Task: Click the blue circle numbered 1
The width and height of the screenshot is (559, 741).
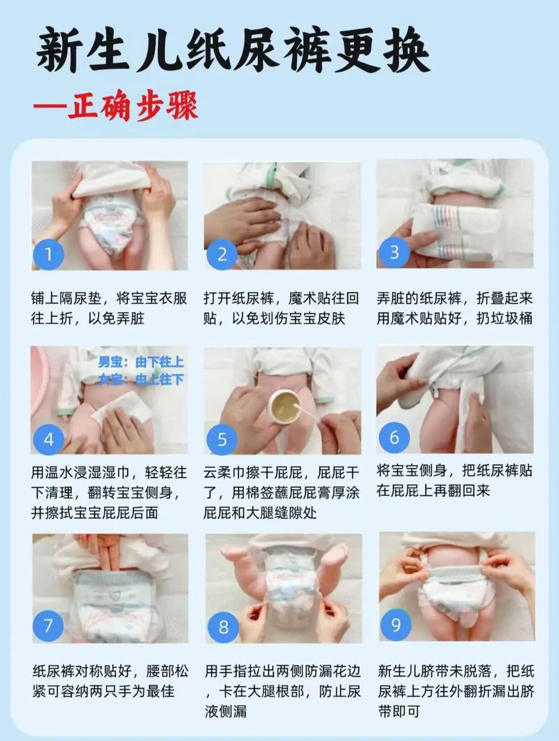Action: [x=48, y=254]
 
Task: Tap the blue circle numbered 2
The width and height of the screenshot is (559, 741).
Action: [x=222, y=254]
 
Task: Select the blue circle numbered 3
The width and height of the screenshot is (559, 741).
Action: [x=394, y=252]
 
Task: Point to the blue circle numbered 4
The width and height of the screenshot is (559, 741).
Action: [x=48, y=439]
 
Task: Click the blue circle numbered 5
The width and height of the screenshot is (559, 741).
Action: [x=222, y=439]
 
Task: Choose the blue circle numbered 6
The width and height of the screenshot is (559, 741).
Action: [x=394, y=437]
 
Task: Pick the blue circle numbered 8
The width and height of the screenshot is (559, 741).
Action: [x=223, y=627]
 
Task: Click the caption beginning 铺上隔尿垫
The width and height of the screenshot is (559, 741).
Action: [x=109, y=308]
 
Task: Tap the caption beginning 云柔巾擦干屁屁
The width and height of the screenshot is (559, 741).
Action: [x=282, y=492]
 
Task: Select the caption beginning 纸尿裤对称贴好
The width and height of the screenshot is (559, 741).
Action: [x=109, y=681]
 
